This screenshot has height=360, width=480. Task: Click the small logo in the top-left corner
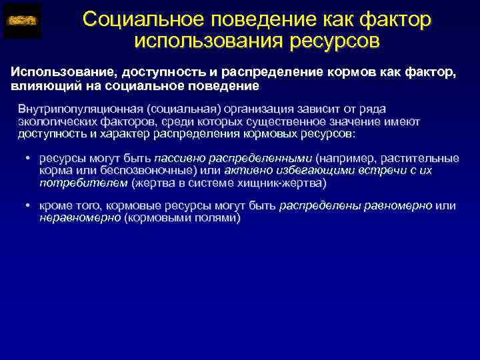tap(21, 21)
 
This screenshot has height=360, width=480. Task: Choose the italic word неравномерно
tap(80, 217)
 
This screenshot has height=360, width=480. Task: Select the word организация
tap(250, 109)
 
